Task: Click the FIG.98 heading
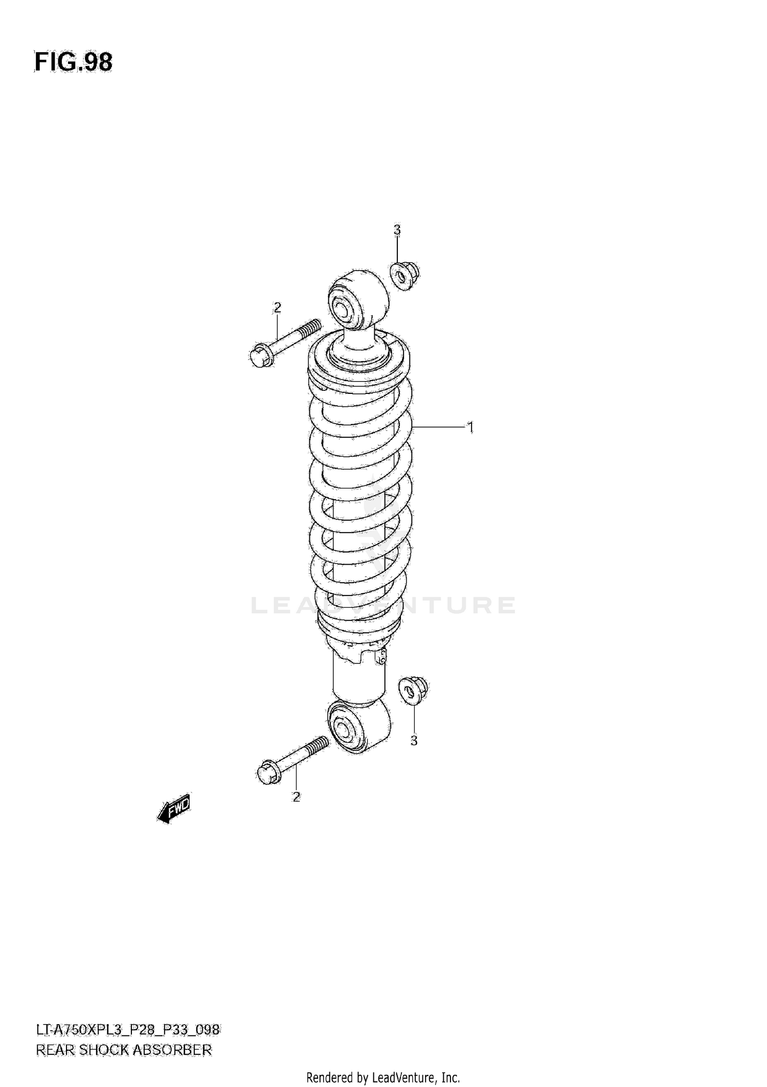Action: pyautogui.click(x=73, y=62)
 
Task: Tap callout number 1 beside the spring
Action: pyautogui.click(x=470, y=427)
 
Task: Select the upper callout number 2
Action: pyautogui.click(x=277, y=307)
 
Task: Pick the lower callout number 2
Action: pyautogui.click(x=296, y=796)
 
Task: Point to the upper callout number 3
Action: pyautogui.click(x=397, y=230)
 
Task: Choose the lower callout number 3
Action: pyautogui.click(x=414, y=740)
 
